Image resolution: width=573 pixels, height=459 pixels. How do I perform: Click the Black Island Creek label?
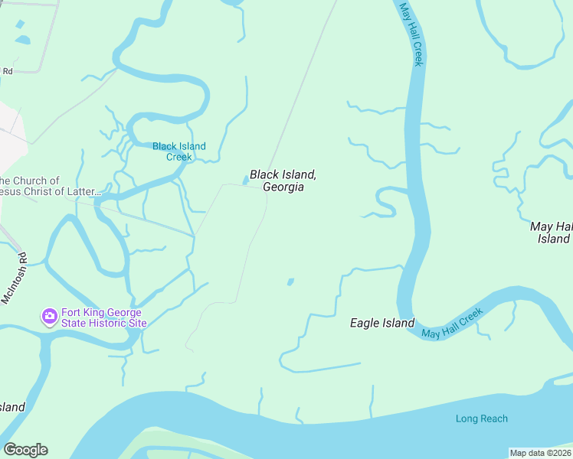(178, 151)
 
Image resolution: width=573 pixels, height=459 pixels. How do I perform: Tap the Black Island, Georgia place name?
(283, 181)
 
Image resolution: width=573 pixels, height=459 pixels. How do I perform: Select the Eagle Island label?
(381, 323)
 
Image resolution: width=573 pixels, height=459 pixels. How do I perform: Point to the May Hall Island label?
(552, 233)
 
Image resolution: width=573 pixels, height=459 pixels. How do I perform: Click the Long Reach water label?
(481, 418)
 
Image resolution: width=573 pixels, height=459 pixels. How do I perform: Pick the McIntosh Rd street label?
(13, 279)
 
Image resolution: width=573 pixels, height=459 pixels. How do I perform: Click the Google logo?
(25, 449)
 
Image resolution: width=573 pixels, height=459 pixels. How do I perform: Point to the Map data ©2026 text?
(540, 453)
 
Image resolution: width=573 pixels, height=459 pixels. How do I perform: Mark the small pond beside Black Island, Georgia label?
(245, 181)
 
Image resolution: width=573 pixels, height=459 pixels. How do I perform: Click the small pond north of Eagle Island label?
(290, 282)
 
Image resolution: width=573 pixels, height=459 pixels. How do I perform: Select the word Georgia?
(283, 187)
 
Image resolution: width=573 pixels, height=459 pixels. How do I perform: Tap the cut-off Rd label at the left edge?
(8, 71)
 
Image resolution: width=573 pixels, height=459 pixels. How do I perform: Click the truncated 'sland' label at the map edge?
(12, 407)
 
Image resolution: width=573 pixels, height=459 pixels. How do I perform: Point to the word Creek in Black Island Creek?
(178, 158)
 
